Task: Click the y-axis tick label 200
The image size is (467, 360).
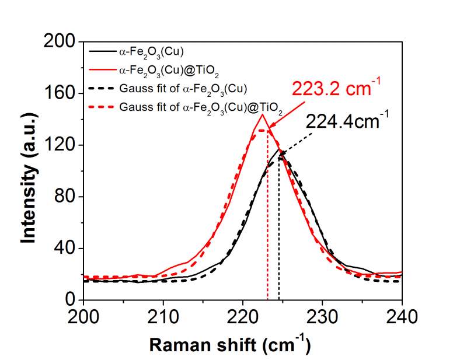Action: pyautogui.click(x=60, y=42)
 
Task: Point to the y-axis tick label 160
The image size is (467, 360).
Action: pyautogui.click(x=60, y=93)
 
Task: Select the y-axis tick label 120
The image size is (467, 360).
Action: pyautogui.click(x=60, y=145)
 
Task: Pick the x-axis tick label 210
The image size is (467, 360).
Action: pyautogui.click(x=163, y=318)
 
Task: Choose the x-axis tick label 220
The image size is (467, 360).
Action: pyautogui.click(x=243, y=318)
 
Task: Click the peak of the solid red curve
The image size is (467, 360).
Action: pyautogui.click(x=263, y=114)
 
